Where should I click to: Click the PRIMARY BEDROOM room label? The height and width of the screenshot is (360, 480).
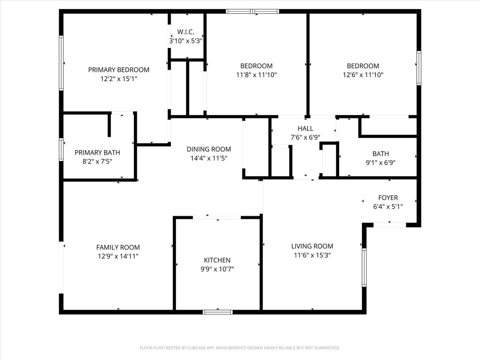(x=118, y=70)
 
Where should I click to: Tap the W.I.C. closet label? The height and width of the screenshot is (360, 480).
(x=186, y=32)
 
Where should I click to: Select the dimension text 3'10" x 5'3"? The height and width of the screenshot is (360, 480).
(x=186, y=41)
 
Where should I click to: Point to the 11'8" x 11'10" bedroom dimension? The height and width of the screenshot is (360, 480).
(x=256, y=75)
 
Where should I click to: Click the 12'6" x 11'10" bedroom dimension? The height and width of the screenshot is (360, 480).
(x=363, y=75)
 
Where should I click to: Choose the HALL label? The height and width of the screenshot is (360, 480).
(x=305, y=128)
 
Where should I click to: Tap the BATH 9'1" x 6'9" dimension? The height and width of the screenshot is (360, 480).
(x=381, y=163)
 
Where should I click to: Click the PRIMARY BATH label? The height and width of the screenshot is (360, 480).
(x=97, y=152)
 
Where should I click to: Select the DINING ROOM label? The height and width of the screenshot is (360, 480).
(x=209, y=149)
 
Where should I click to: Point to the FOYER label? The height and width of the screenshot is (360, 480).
(x=388, y=198)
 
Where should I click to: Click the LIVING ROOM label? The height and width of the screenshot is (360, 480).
(x=312, y=246)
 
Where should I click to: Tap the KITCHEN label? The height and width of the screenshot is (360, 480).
(x=217, y=260)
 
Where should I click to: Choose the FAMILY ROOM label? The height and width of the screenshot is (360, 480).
(x=118, y=247)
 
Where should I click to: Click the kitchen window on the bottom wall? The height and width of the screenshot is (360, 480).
(x=218, y=312)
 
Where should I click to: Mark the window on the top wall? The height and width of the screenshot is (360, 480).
(x=252, y=11)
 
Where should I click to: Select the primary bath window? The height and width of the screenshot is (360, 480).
(x=61, y=150)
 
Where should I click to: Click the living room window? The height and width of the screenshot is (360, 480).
(x=364, y=268)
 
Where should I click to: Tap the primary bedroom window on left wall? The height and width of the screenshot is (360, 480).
(x=61, y=63)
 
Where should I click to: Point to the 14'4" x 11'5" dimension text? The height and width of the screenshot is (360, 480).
(x=209, y=158)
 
